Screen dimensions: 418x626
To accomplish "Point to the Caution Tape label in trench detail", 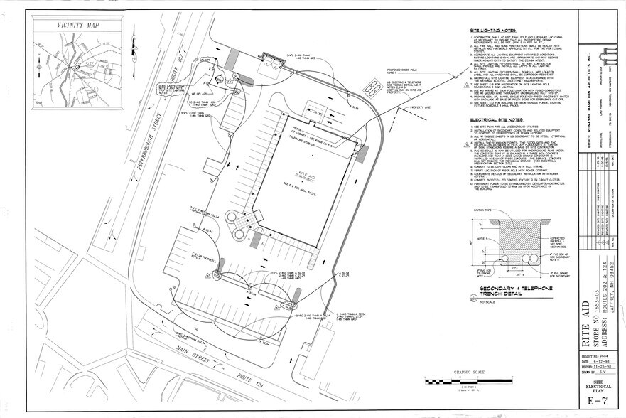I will tap(482, 210).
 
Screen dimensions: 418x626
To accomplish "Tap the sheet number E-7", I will tap(595, 402).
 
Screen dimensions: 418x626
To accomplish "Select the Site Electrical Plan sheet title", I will tap(595, 385).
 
